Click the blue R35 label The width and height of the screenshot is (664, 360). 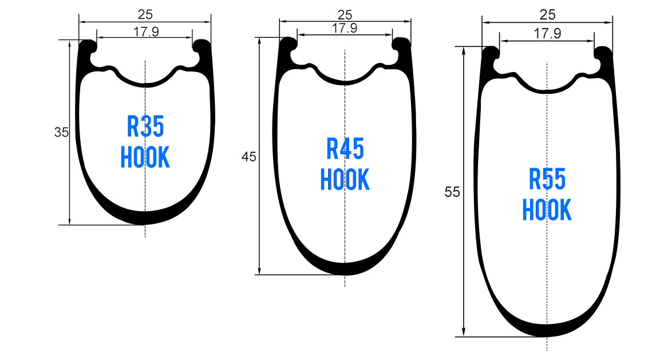(145, 127)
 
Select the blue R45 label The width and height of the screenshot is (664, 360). (345, 149)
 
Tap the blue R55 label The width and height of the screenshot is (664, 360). (547, 180)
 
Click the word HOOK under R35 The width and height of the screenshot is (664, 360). (145, 157)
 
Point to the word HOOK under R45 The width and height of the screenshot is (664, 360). (345, 180)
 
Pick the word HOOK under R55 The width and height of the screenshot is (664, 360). (547, 210)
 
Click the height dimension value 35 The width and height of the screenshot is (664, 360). (61, 132)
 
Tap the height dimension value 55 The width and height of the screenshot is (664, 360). (452, 192)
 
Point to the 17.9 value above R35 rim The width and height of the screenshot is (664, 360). (146, 31)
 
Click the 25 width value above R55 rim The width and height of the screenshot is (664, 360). (548, 14)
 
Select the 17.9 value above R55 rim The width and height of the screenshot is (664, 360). (547, 34)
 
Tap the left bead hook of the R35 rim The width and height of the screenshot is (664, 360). (88, 47)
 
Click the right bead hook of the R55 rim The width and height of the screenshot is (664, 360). (604, 54)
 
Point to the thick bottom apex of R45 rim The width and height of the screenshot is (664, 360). (345, 268)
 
